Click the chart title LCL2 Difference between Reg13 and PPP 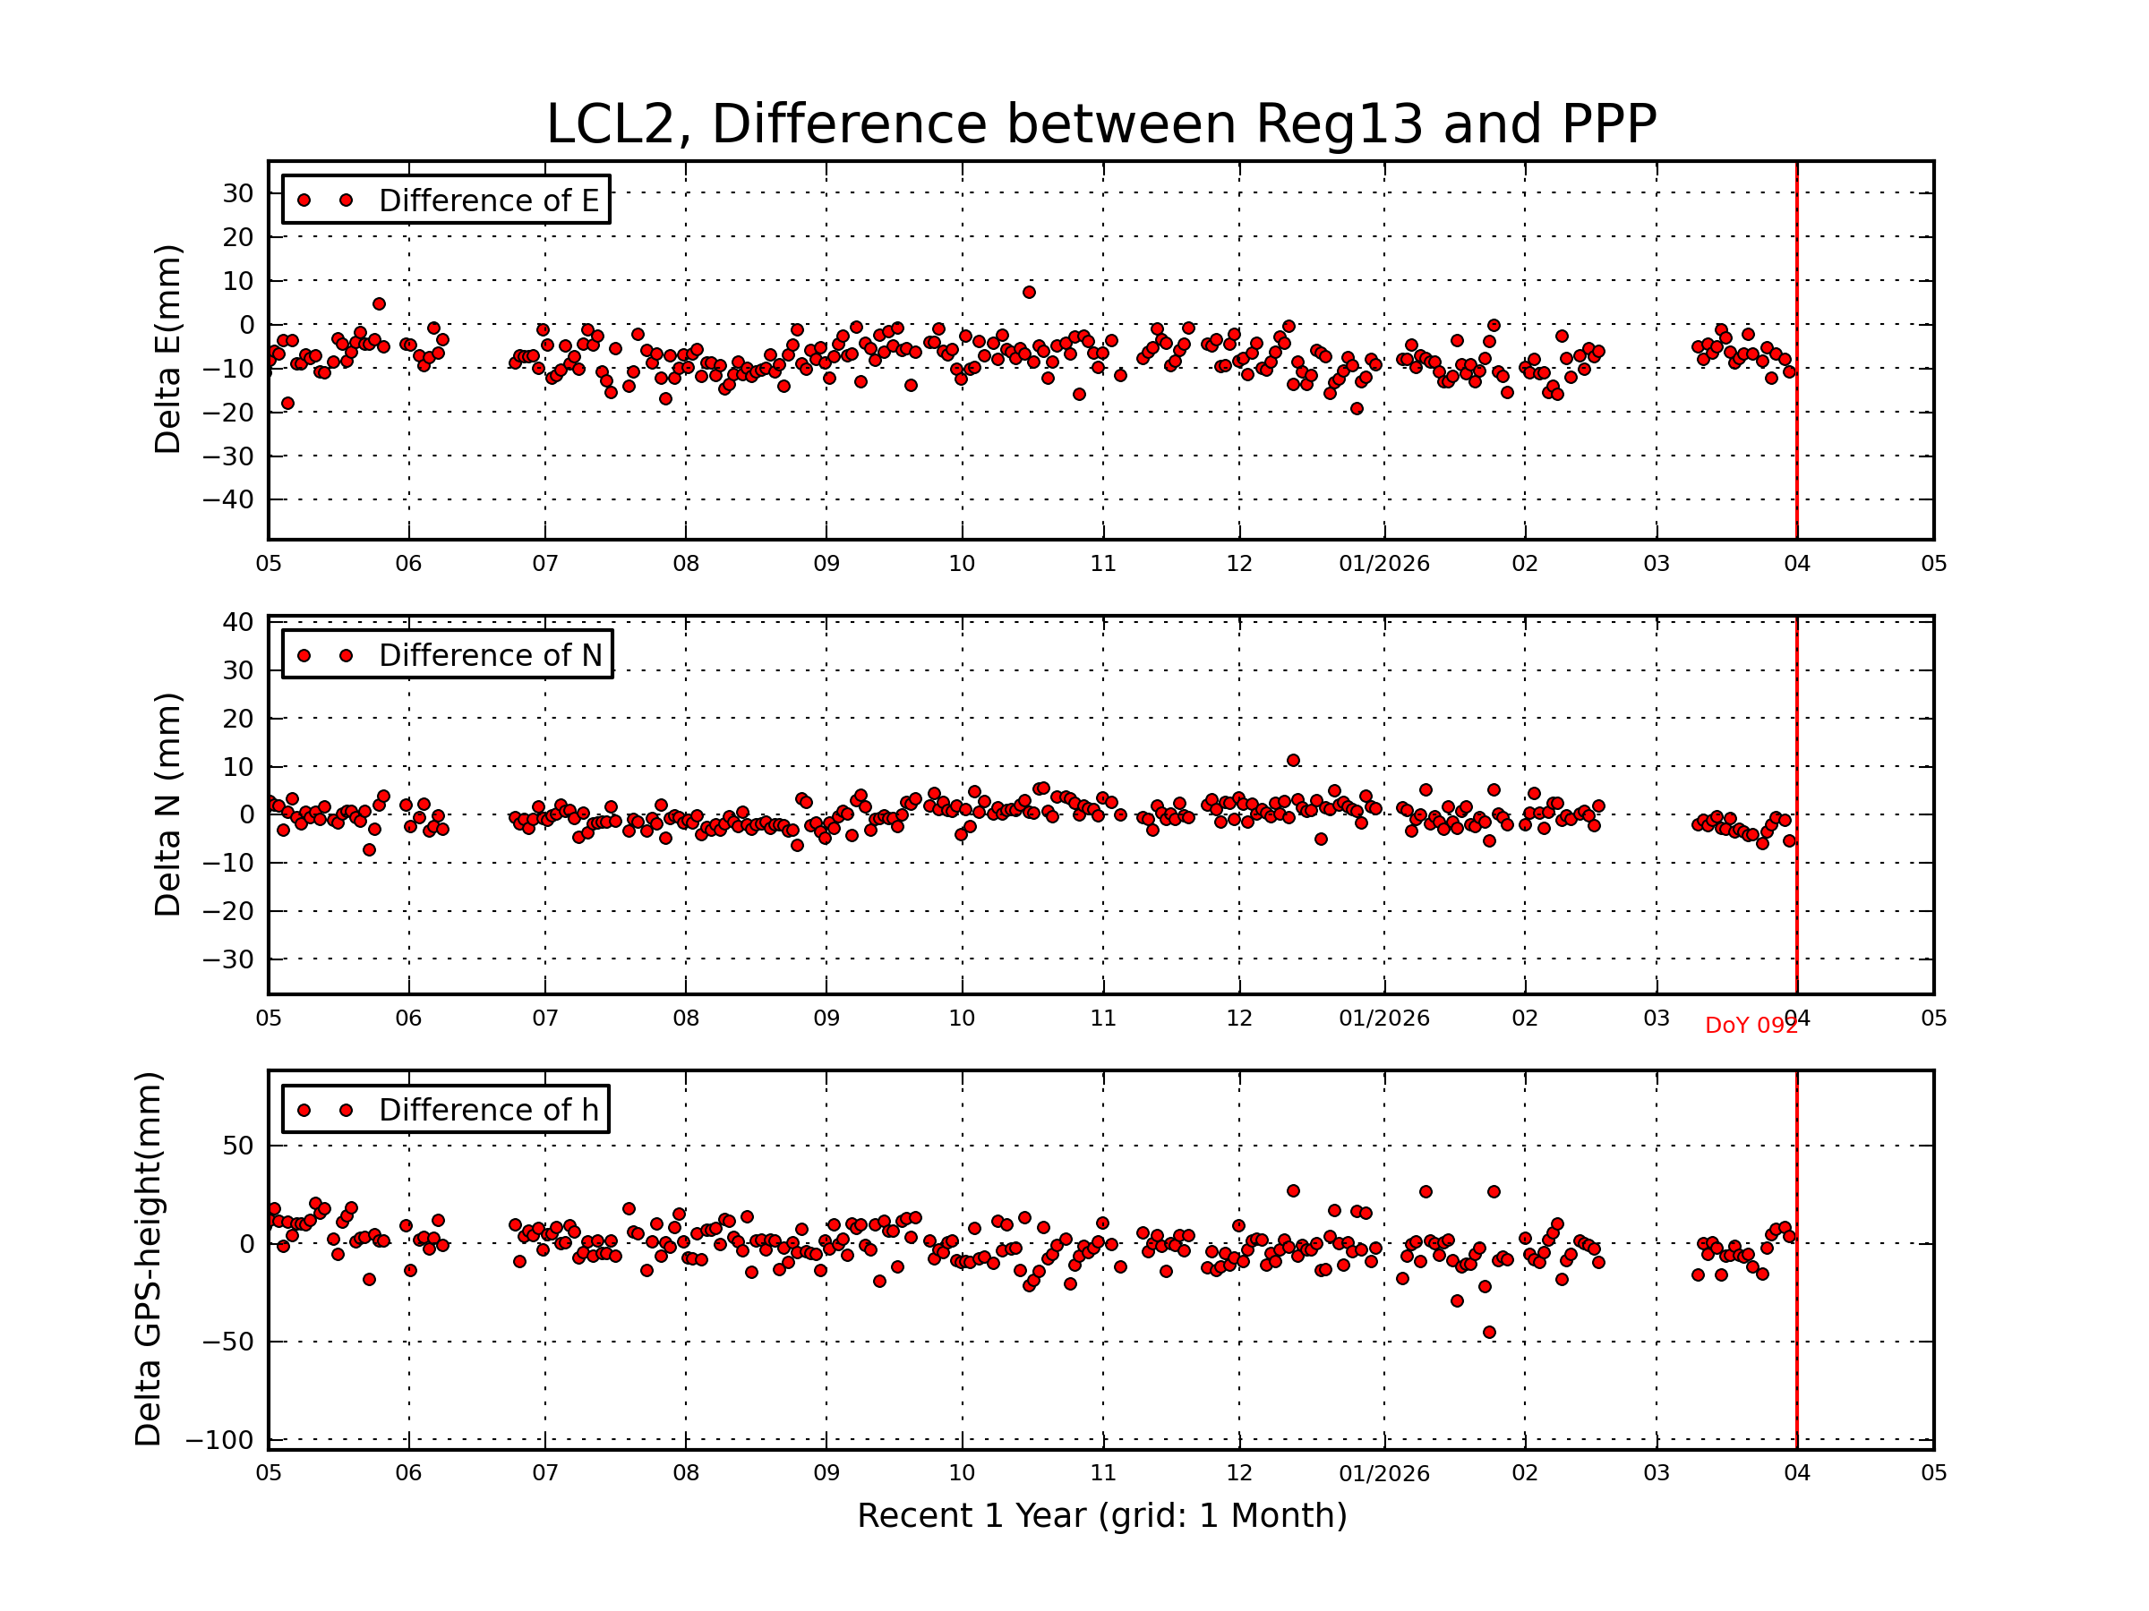pyautogui.click(x=1100, y=124)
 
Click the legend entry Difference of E pyautogui.click(x=488, y=200)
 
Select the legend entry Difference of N pyautogui.click(x=490, y=654)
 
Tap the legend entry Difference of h pyautogui.click(x=488, y=1109)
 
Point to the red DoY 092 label pyautogui.click(x=1751, y=1027)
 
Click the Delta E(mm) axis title pyautogui.click(x=168, y=349)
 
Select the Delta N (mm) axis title pyautogui.click(x=168, y=804)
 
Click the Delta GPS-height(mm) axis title pyautogui.click(x=149, y=1258)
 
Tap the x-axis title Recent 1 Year pyautogui.click(x=1101, y=1515)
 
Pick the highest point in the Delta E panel pyautogui.click(x=1029, y=293)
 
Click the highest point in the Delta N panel pyautogui.click(x=1293, y=761)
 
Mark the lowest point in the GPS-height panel pyautogui.click(x=1489, y=1333)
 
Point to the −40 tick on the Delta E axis pyautogui.click(x=227, y=500)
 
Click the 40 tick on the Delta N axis pyautogui.click(x=238, y=622)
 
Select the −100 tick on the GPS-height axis pyautogui.click(x=219, y=1440)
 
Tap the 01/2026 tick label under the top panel pyautogui.click(x=1383, y=564)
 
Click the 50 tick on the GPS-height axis pyautogui.click(x=238, y=1146)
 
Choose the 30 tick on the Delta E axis pyautogui.click(x=238, y=193)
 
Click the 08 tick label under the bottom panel pyautogui.click(x=686, y=1473)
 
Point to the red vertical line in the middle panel pyautogui.click(x=1796, y=804)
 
